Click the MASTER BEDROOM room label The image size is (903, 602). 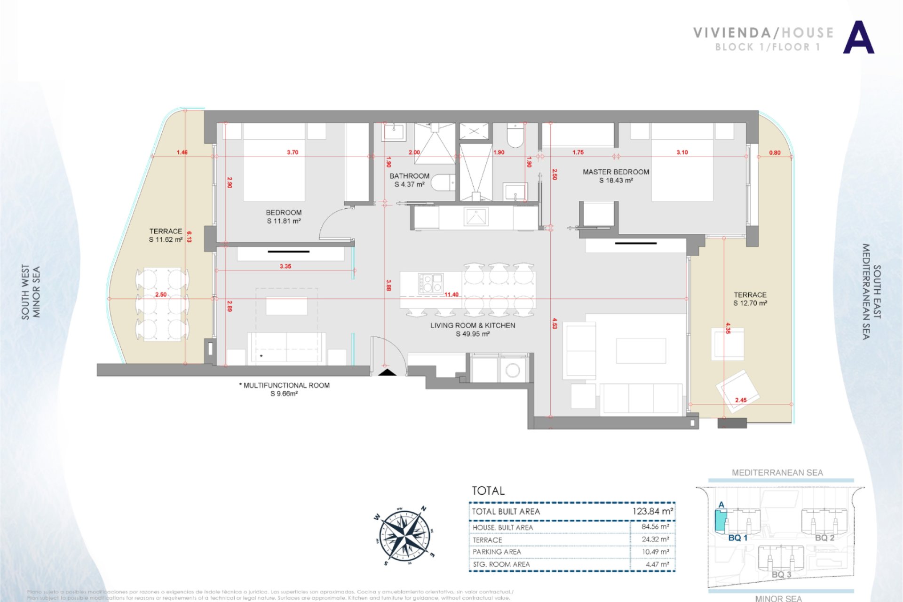[616, 172]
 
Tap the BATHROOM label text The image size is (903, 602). [409, 176]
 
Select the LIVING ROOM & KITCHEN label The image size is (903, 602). [473, 325]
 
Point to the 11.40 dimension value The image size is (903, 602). [451, 295]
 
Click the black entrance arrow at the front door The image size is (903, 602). [388, 372]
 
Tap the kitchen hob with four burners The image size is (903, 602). [430, 283]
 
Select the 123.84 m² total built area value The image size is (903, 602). [652, 511]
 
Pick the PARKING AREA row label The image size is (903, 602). [497, 552]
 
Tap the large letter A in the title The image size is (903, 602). [858, 38]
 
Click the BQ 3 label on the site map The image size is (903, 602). [781, 575]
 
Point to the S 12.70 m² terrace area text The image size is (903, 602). [750, 303]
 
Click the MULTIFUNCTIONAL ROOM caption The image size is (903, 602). [286, 385]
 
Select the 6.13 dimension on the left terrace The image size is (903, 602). [189, 237]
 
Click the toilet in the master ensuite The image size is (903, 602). [515, 136]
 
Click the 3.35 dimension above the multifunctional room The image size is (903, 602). [285, 266]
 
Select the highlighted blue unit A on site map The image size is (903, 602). [720, 520]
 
